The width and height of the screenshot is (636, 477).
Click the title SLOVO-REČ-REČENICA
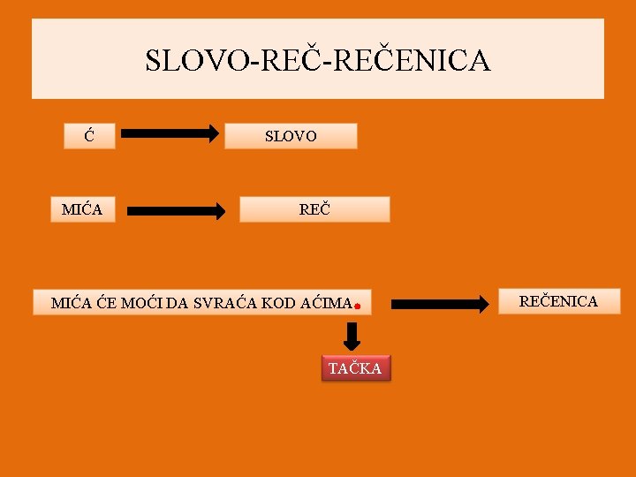pyautogui.click(x=317, y=60)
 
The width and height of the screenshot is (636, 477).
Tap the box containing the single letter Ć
pyautogui.click(x=89, y=136)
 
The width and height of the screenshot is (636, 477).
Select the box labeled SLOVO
pyautogui.click(x=291, y=136)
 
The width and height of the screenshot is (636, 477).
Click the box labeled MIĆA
pyautogui.click(x=82, y=209)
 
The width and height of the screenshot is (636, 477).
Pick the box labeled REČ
pyautogui.click(x=314, y=209)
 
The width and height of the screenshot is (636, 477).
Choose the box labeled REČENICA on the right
pyautogui.click(x=557, y=301)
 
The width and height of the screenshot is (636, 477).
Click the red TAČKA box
pyautogui.click(x=354, y=368)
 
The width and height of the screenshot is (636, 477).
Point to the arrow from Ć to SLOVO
pyautogui.click(x=170, y=134)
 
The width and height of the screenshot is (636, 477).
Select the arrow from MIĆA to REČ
pyautogui.click(x=177, y=211)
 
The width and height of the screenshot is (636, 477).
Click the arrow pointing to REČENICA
pyautogui.click(x=440, y=304)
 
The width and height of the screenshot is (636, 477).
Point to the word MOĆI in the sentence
pyautogui.click(x=141, y=303)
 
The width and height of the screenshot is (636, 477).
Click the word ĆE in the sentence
pyautogui.click(x=106, y=303)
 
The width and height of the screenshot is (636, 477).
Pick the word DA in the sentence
pyautogui.click(x=178, y=303)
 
